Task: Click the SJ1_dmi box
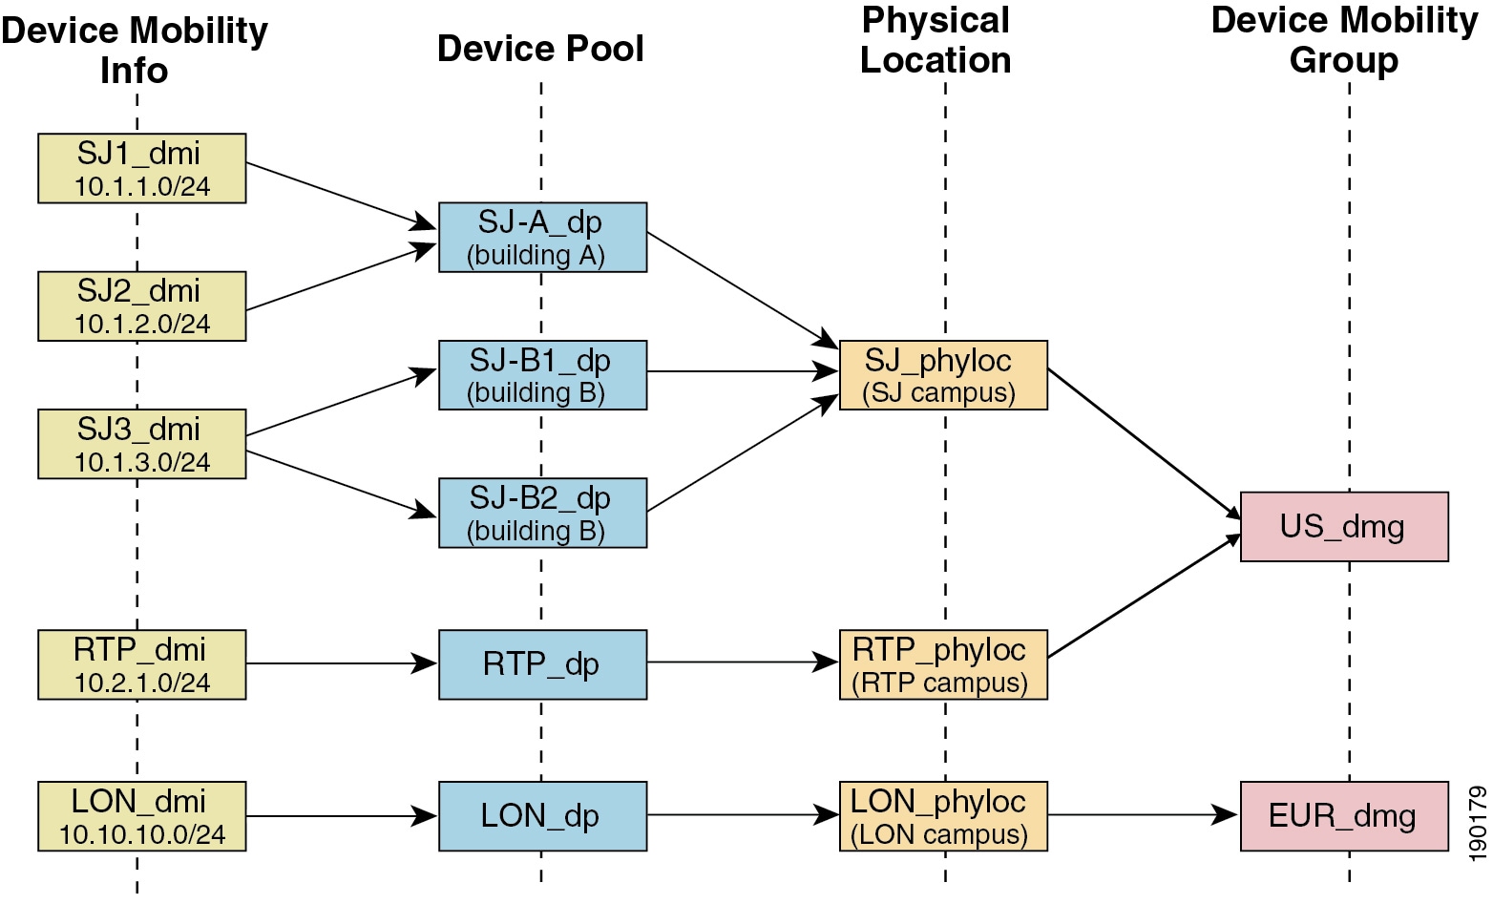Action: point(141,169)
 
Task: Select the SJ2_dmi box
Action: point(141,306)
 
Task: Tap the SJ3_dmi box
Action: point(141,445)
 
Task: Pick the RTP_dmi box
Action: point(141,665)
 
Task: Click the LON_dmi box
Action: point(141,817)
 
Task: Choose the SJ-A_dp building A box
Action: point(542,238)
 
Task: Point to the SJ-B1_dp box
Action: point(542,376)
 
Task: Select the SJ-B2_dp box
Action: point(542,514)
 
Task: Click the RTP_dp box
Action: point(542,664)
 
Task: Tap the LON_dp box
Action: point(542,816)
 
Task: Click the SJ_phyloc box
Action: point(943,376)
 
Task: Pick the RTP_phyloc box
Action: point(943,665)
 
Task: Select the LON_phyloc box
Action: point(943,816)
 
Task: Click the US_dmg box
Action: point(1344,527)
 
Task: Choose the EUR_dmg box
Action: point(1344,816)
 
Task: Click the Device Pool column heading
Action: point(540,49)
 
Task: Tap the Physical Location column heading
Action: point(936,40)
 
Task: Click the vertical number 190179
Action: point(1478,823)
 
